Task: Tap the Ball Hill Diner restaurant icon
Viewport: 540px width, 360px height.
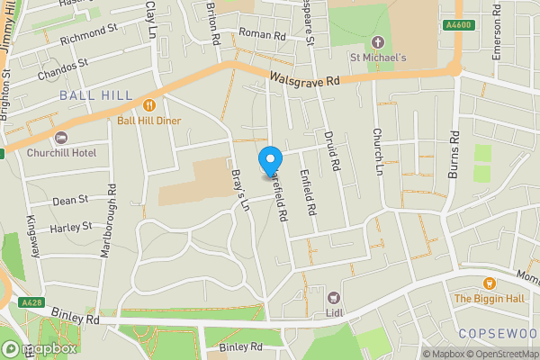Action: tap(148, 103)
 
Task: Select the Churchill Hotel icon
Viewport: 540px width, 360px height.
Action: tap(61, 138)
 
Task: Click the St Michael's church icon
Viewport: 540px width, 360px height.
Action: tap(378, 42)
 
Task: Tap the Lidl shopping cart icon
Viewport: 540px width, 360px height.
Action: tap(335, 297)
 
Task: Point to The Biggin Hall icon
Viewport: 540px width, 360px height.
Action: tap(490, 283)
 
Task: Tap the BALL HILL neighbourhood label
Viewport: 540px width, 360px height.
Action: tap(95, 95)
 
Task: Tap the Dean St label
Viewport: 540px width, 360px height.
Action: tap(71, 200)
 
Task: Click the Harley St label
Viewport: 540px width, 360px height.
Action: tap(72, 227)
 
